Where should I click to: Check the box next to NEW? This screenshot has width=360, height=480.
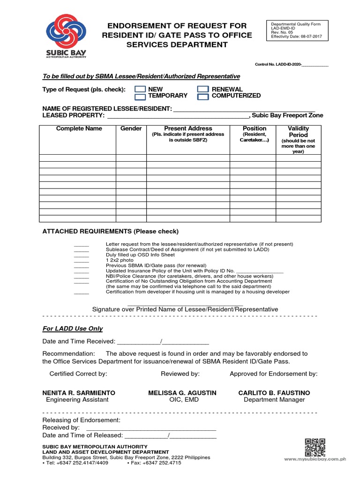click(140, 89)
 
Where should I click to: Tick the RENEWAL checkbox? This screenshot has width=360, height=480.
click(202, 89)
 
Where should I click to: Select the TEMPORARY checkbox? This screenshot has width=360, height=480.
click(140, 97)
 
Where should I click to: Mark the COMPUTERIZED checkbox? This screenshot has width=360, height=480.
click(202, 97)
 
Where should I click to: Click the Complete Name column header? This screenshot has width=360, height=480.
click(79, 128)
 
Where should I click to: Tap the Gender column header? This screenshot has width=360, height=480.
click(131, 128)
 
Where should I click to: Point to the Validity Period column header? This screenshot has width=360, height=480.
click(298, 131)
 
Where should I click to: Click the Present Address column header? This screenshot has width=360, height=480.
click(188, 128)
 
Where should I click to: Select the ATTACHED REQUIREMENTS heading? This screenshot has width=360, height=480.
click(110, 232)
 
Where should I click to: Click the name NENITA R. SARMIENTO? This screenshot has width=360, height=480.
click(79, 393)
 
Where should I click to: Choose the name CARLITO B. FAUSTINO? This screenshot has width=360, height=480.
click(274, 393)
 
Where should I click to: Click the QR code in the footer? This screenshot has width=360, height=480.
click(315, 447)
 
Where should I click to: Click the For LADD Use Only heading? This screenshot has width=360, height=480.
click(72, 329)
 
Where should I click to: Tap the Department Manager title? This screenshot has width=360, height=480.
click(274, 400)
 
